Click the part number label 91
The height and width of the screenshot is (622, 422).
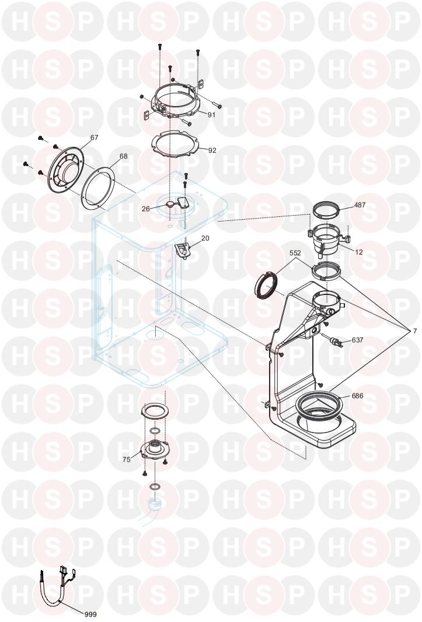tap(211, 114)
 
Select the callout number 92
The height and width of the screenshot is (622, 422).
tap(212, 150)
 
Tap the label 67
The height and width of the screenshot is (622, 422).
tap(94, 138)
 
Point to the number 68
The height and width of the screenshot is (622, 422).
tap(124, 156)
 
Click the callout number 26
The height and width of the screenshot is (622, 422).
tap(146, 209)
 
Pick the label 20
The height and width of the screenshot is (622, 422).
tap(205, 238)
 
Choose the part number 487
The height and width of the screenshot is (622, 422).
tap(359, 205)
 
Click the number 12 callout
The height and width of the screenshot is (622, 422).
tap(359, 252)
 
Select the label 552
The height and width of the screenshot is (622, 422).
tap(295, 252)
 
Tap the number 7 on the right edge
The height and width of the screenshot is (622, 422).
tap(415, 331)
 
